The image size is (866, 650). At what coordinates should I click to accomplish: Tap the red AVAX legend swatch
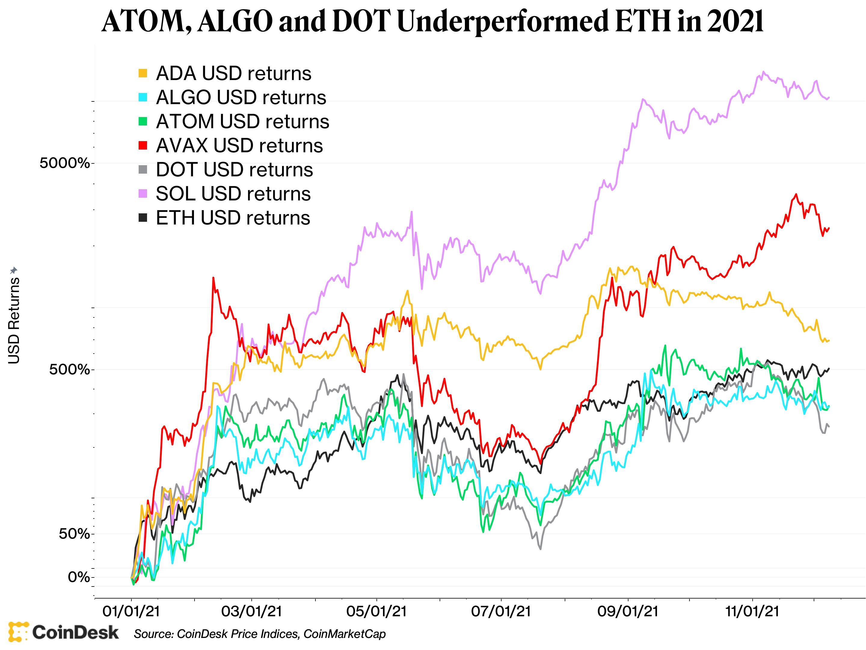click(143, 145)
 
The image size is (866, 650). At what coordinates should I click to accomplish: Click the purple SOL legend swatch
click(143, 193)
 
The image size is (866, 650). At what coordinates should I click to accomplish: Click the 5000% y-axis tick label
click(65, 163)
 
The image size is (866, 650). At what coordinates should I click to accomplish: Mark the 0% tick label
click(79, 577)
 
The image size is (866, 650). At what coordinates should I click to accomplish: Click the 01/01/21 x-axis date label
click(131, 611)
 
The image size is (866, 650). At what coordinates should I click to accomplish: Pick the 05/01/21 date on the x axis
click(377, 611)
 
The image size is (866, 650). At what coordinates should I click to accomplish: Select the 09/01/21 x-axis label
click(628, 611)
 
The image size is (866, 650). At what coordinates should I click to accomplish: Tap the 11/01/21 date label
click(752, 611)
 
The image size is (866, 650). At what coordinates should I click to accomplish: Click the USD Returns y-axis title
click(14, 320)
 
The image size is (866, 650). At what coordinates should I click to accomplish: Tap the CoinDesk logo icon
click(18, 632)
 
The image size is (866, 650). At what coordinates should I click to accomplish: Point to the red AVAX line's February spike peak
click(213, 278)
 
